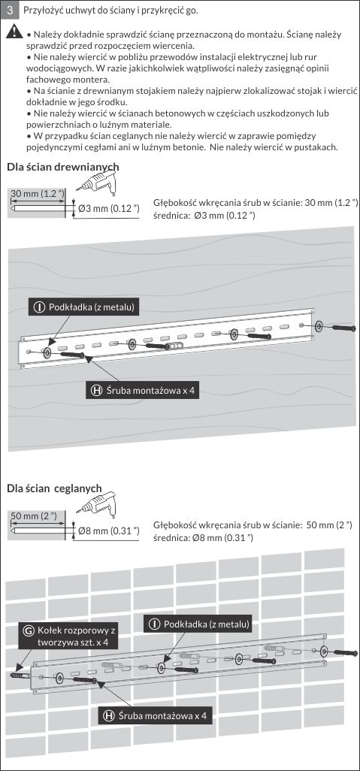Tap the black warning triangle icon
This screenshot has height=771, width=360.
click(x=15, y=32)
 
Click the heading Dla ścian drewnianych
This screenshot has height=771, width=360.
click(x=63, y=167)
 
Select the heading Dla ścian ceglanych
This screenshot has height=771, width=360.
click(x=54, y=488)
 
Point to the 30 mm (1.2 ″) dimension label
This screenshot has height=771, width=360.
click(x=38, y=193)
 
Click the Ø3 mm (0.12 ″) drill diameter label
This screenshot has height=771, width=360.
click(x=109, y=209)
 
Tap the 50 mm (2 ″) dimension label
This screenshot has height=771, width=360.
click(x=34, y=516)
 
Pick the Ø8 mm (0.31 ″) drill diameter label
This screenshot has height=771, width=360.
click(x=109, y=531)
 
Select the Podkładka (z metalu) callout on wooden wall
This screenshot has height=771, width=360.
click(x=85, y=308)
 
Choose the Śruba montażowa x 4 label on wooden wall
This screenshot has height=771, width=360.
click(x=143, y=391)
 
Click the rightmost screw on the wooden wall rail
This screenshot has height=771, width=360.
click(x=343, y=327)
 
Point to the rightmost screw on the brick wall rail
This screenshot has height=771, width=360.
click(x=346, y=654)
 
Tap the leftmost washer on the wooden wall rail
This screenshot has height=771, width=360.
click(x=47, y=352)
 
